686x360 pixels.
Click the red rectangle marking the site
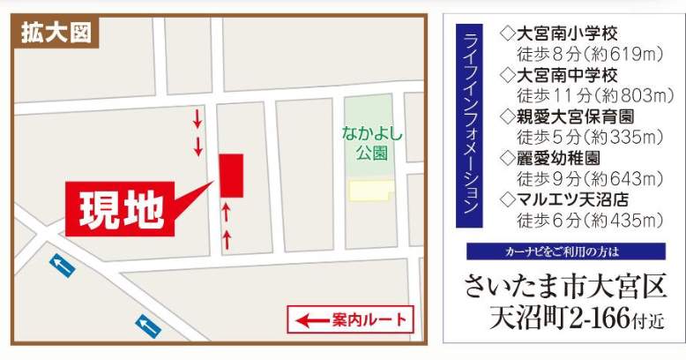231,176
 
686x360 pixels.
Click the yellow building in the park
371,190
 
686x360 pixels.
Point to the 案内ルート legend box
351,319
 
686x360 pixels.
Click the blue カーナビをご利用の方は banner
565,251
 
